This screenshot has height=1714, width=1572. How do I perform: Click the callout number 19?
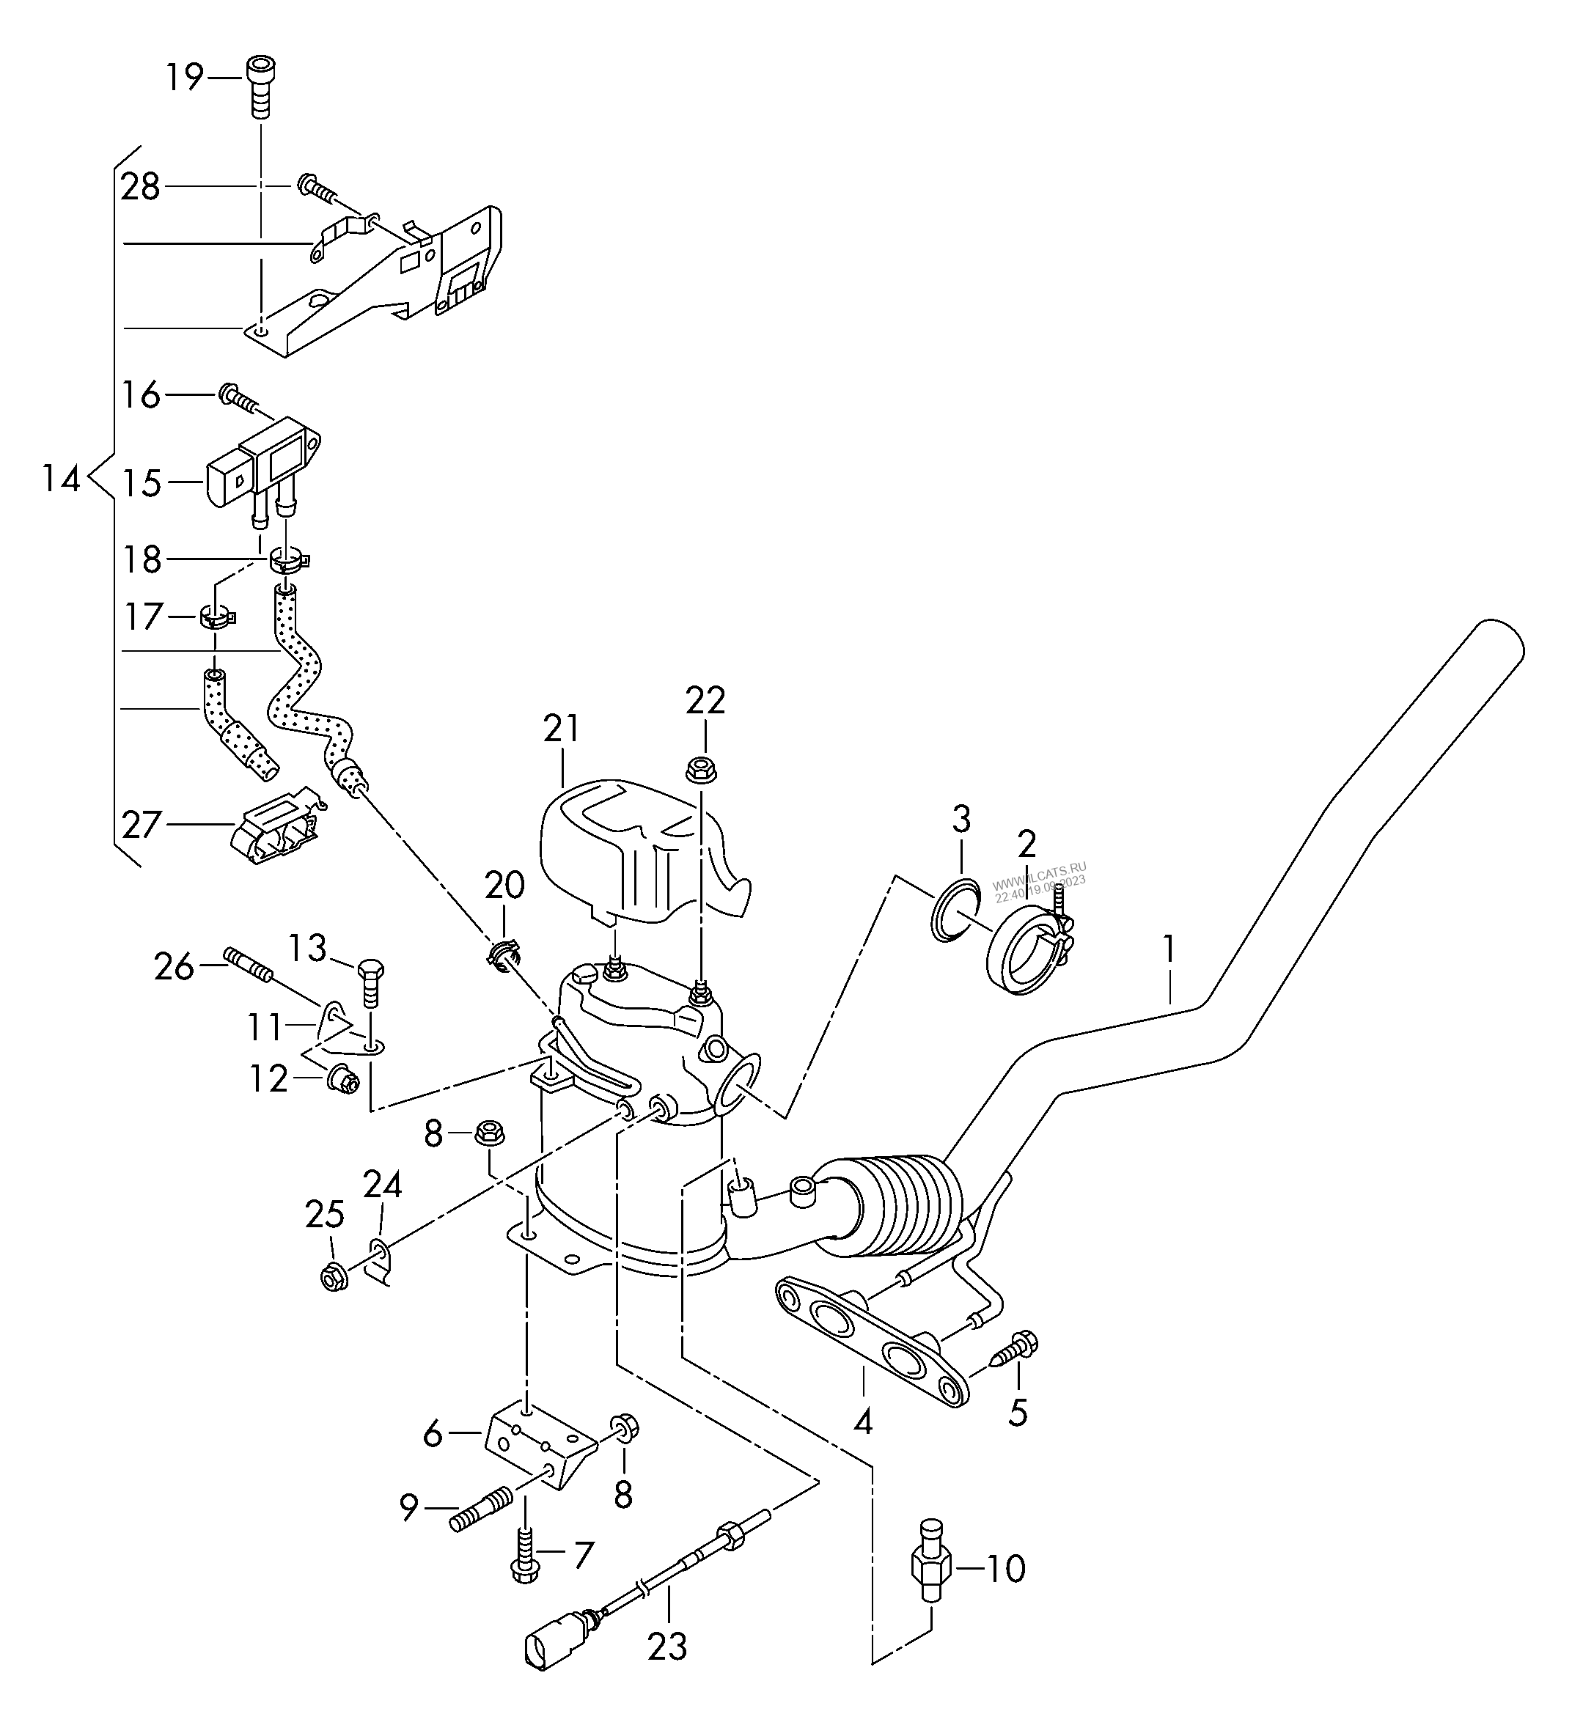185,78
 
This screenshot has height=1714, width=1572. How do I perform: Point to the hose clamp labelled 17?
217,616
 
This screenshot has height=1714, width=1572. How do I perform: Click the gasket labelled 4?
872,1339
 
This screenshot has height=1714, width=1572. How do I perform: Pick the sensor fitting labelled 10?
930,1562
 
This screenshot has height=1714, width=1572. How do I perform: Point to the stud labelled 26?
248,965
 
